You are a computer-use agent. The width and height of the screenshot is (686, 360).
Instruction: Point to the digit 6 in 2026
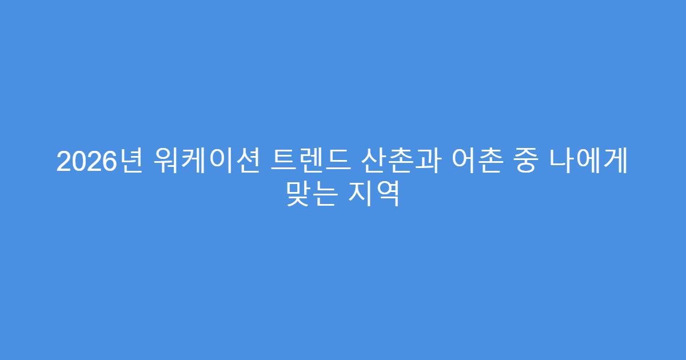coord(103,163)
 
